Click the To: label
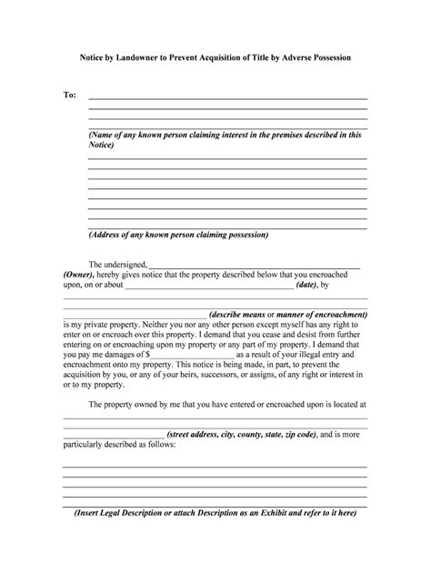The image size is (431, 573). pos(69,95)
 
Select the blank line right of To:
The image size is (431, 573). pos(227,97)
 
